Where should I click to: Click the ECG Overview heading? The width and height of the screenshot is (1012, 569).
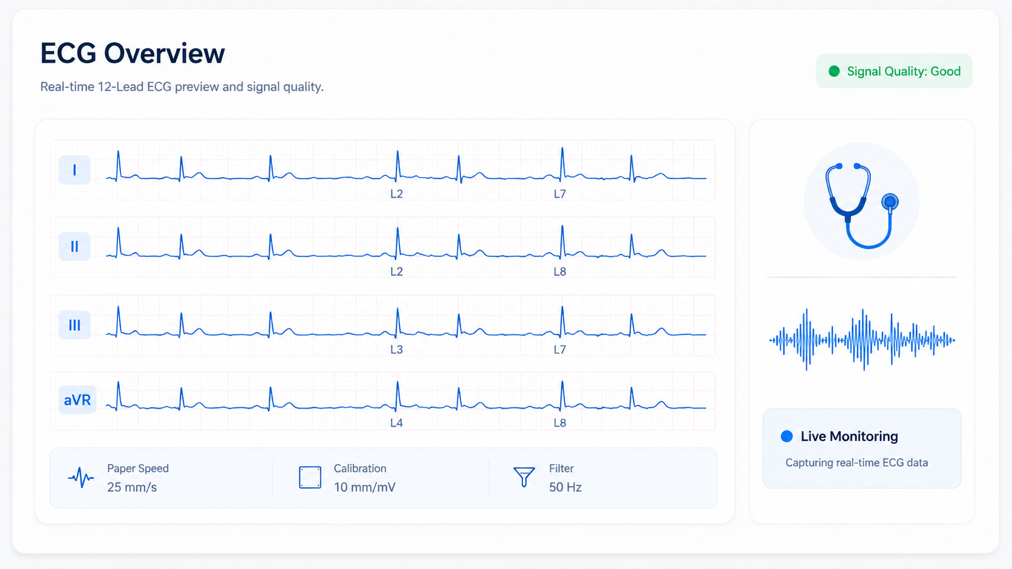pyautogui.click(x=133, y=53)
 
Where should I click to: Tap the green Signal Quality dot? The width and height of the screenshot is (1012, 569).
pyautogui.click(x=834, y=71)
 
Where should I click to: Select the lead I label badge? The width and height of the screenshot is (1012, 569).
pyautogui.click(x=74, y=170)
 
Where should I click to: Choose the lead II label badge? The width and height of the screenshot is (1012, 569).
pyautogui.click(x=74, y=246)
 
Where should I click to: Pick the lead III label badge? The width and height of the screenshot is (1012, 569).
pyautogui.click(x=74, y=325)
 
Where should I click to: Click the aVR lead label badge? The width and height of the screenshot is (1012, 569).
pyautogui.click(x=77, y=400)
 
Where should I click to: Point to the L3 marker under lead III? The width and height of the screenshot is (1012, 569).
pyautogui.click(x=396, y=350)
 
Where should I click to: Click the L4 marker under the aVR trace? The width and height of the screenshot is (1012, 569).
pyautogui.click(x=396, y=423)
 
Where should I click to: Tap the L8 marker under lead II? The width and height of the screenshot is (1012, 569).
pyautogui.click(x=560, y=271)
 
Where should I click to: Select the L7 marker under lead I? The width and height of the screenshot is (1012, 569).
pyautogui.click(x=560, y=194)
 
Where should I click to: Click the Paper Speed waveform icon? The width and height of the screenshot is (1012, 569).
pyautogui.click(x=81, y=478)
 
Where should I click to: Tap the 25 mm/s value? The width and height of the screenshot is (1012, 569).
pyautogui.click(x=132, y=487)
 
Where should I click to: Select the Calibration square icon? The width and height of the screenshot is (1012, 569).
pyautogui.click(x=310, y=478)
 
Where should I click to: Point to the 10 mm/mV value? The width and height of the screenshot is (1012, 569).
pyautogui.click(x=364, y=487)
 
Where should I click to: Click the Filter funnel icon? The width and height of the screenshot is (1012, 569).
pyautogui.click(x=524, y=477)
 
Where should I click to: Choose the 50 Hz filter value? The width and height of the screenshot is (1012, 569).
pyautogui.click(x=565, y=487)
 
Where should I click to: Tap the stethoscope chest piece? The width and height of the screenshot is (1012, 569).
pyautogui.click(x=890, y=202)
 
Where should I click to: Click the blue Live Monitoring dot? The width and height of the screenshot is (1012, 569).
pyautogui.click(x=787, y=437)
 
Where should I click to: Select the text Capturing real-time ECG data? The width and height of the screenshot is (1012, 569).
pyautogui.click(x=856, y=463)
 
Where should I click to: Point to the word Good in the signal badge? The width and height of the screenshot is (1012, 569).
pyautogui.click(x=945, y=71)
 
